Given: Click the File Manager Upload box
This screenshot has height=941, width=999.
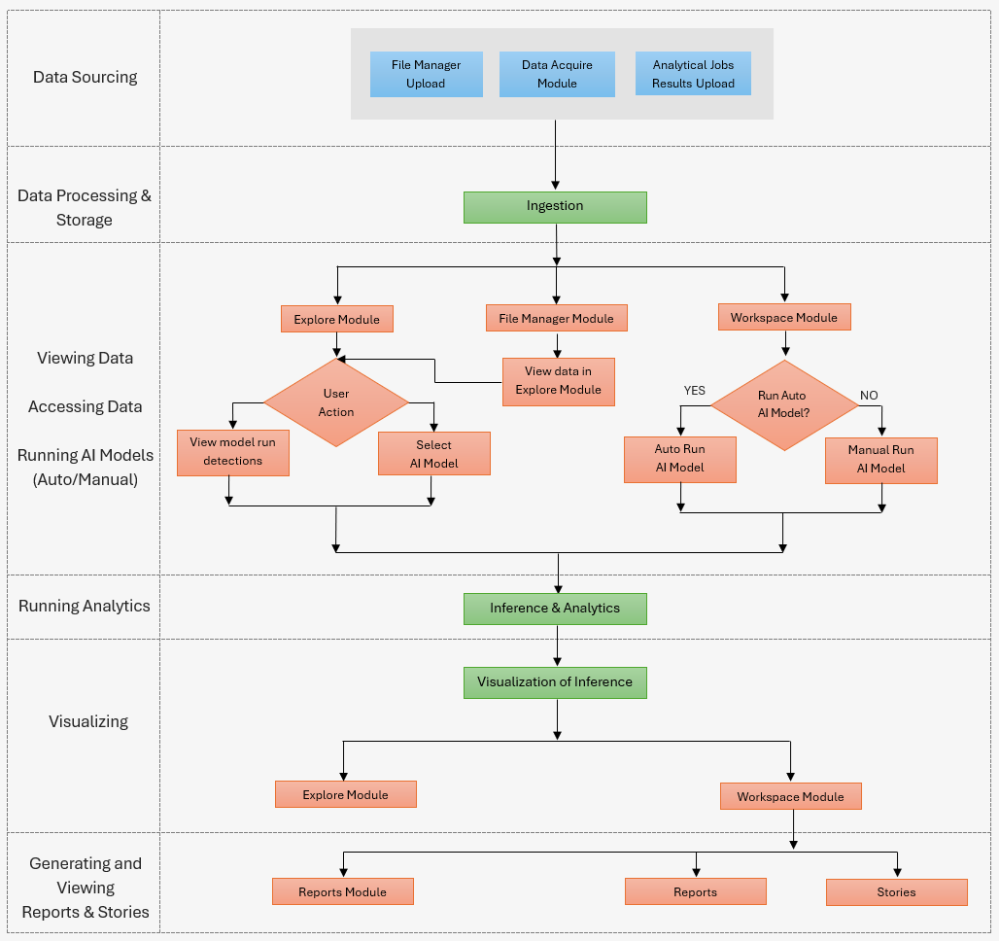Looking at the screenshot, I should [426, 74].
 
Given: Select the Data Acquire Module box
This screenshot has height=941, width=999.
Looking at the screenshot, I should [557, 74].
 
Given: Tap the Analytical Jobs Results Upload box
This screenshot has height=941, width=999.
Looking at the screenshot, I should [693, 74].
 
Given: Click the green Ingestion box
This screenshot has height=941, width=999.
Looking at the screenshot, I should [555, 206].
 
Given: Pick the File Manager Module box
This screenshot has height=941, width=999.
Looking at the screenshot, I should [556, 318].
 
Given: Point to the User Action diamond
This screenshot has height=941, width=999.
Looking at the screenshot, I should [336, 402].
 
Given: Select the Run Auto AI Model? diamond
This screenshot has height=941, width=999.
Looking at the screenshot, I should [783, 405].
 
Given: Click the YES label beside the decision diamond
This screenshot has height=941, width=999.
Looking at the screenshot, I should [694, 391].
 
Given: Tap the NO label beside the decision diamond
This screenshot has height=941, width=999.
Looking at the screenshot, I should [869, 396].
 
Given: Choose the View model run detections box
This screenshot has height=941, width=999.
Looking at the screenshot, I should [232, 452].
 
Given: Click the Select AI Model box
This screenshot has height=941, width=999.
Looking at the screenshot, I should [433, 454].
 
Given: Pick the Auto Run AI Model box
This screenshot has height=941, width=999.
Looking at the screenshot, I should [679, 459].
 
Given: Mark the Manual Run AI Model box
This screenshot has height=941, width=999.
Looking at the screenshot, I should [880, 460].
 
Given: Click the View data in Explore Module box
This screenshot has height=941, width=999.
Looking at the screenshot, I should [558, 381].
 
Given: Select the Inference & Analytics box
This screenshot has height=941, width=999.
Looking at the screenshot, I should [555, 608].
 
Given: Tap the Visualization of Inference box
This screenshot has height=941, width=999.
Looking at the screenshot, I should [555, 681].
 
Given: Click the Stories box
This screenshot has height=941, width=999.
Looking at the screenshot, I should [896, 891].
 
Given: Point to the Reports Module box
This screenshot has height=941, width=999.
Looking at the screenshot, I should [342, 891].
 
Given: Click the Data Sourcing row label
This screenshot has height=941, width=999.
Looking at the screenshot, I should [85, 77].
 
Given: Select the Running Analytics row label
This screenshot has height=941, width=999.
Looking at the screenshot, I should [85, 606].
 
